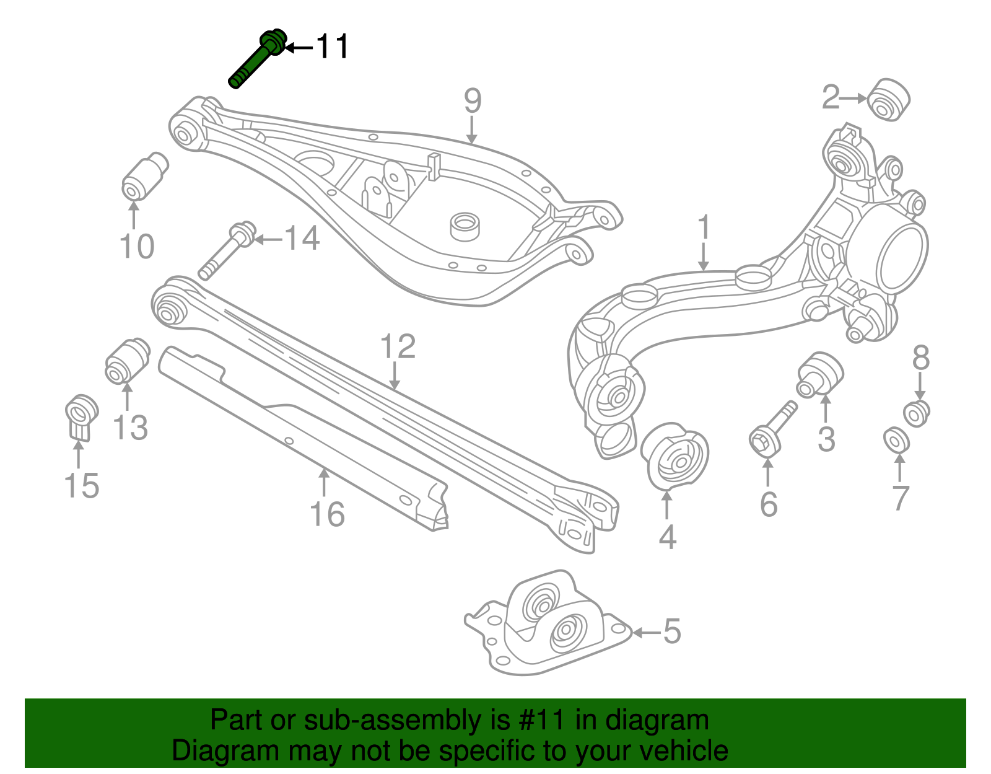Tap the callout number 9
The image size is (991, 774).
click(x=472, y=100)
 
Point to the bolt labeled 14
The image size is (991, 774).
click(x=225, y=252)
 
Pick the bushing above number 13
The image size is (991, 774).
click(x=127, y=361)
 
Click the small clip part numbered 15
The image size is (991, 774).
click(x=81, y=416)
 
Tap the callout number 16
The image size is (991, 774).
click(x=327, y=514)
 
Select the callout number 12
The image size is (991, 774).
click(x=397, y=347)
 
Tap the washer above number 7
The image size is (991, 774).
click(x=896, y=440)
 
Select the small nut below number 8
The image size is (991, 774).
click(x=917, y=413)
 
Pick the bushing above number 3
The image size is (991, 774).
click(x=820, y=374)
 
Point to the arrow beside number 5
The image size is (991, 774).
click(x=646, y=633)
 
